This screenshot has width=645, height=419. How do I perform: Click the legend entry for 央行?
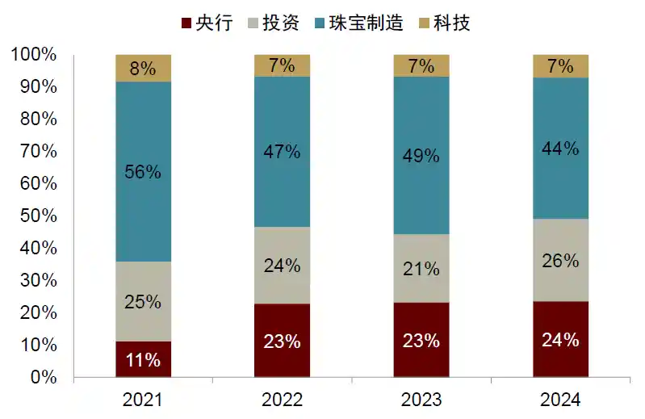tap(206, 23)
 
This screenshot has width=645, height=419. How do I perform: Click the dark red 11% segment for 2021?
tap(143, 359)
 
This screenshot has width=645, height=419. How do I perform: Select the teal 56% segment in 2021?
tap(143, 171)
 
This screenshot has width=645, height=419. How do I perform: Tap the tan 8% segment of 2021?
tap(143, 68)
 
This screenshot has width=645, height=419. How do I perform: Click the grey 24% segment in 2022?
tap(282, 266)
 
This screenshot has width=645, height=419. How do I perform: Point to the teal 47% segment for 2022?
tap(282, 152)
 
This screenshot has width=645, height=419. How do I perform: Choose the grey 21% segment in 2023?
tap(421, 269)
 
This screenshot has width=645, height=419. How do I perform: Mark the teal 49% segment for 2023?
tap(421, 155)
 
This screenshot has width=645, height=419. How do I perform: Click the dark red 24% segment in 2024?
tap(560, 339)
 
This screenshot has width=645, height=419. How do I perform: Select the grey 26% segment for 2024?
tap(560, 260)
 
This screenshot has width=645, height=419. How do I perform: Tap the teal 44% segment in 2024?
tap(560, 148)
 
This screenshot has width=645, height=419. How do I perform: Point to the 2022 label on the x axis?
tap(282, 400)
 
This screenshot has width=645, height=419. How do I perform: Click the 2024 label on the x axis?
tap(560, 400)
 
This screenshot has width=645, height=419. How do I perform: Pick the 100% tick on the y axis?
tap(34, 55)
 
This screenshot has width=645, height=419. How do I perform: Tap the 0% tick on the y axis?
tap(44, 377)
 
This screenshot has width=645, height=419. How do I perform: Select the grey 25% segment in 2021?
tap(143, 301)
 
